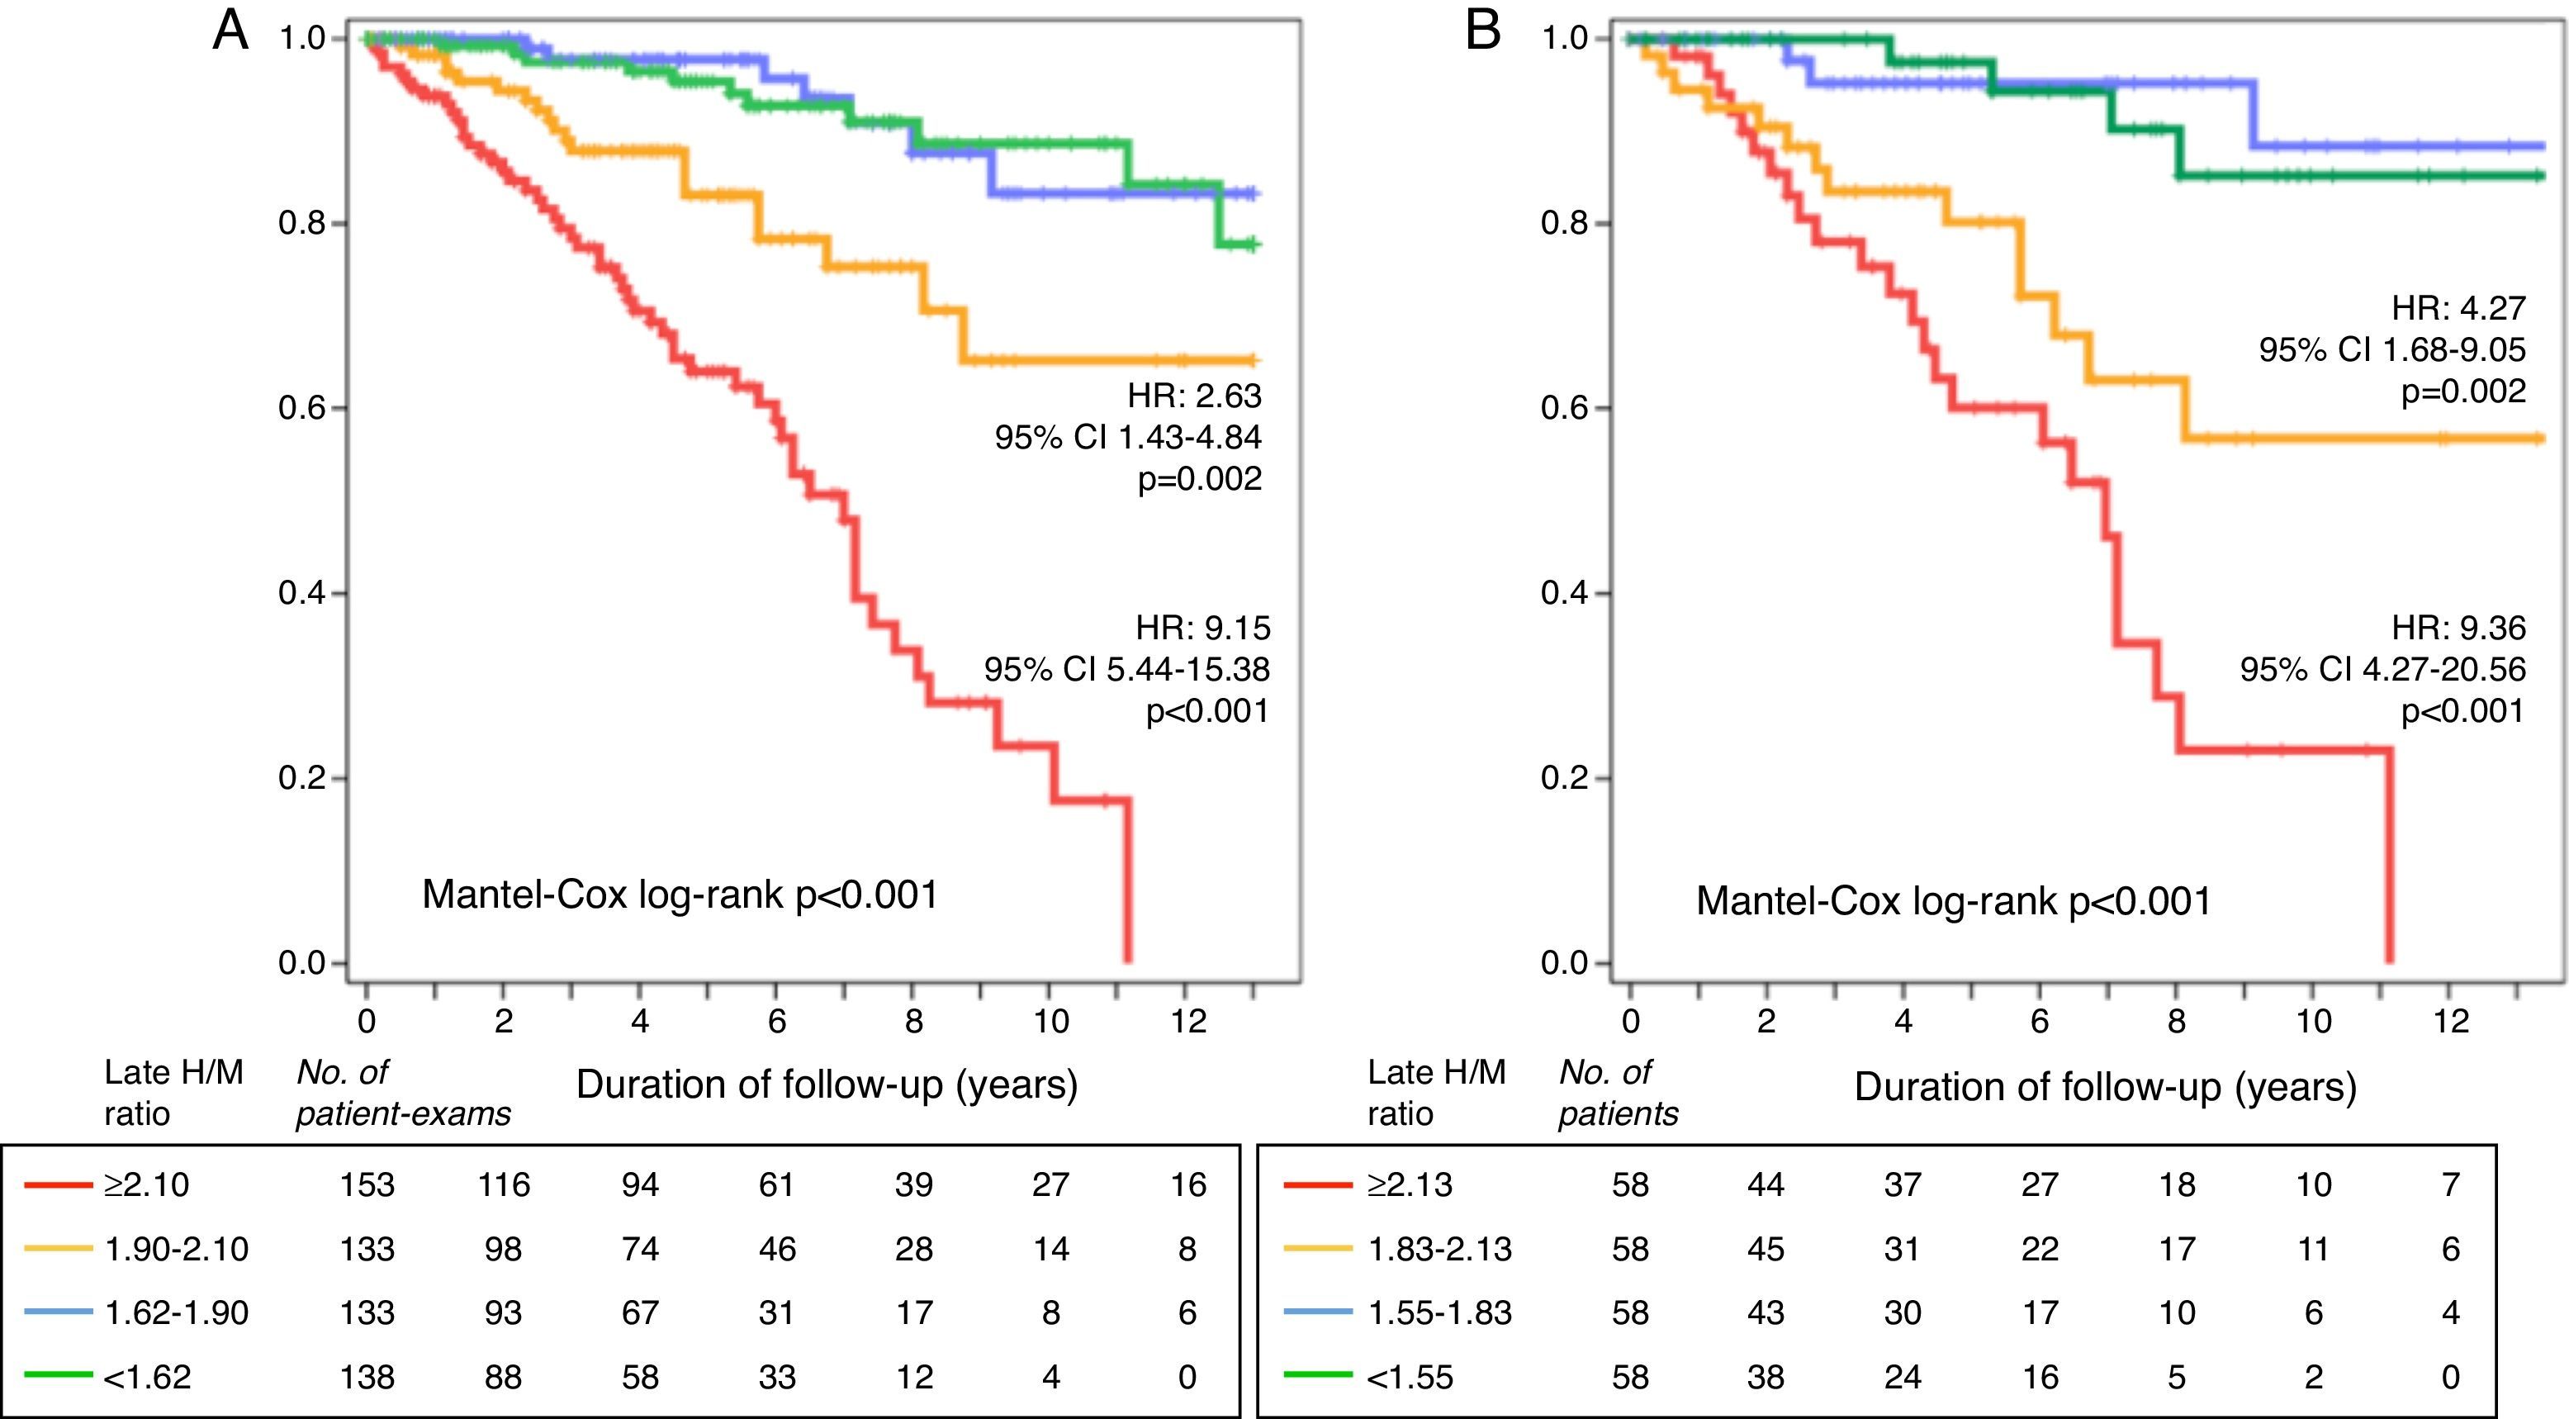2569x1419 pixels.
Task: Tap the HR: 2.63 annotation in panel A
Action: pyautogui.click(x=1194, y=396)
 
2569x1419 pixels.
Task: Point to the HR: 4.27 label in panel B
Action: pyautogui.click(x=2458, y=308)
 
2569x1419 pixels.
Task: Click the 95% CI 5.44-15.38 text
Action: pyautogui.click(x=1127, y=669)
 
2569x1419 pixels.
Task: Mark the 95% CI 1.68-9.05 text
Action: pyautogui.click(x=2391, y=350)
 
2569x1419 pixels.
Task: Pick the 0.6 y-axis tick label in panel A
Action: pyautogui.click(x=302, y=408)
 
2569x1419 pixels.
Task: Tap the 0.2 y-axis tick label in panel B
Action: pyautogui.click(x=1565, y=778)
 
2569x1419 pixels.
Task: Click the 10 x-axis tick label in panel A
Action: pyautogui.click(x=1050, y=1021)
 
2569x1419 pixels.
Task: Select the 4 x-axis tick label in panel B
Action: pyautogui.click(x=1903, y=1021)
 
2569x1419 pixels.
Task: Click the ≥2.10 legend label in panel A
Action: pyautogui.click(x=147, y=1184)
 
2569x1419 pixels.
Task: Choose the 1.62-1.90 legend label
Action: pyautogui.click(x=177, y=1312)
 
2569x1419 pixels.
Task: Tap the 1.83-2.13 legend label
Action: pyautogui.click(x=1439, y=1249)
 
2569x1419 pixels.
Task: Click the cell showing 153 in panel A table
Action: pyautogui.click(x=367, y=1184)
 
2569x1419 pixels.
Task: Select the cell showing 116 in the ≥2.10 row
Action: pyautogui.click(x=504, y=1184)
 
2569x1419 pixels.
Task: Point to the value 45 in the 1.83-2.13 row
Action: pyautogui.click(x=1766, y=1249)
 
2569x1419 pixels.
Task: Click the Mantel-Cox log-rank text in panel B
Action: pyautogui.click(x=1953, y=901)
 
